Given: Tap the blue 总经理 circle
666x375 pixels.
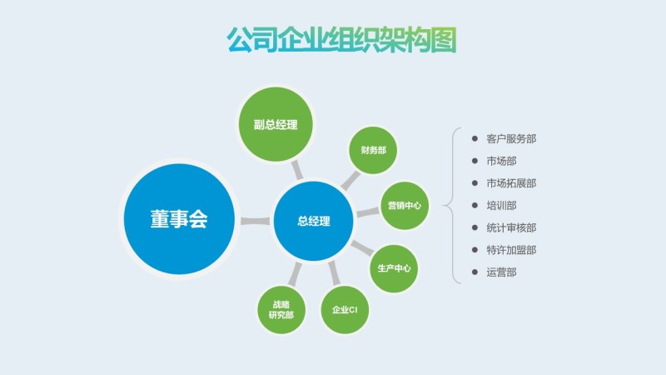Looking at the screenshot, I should point(314,221).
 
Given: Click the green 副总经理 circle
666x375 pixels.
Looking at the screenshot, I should point(276,125).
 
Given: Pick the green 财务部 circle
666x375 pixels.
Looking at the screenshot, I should point(373,151).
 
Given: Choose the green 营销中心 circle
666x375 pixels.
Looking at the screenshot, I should point(404,205).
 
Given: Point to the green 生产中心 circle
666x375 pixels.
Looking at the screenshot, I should point(394,268).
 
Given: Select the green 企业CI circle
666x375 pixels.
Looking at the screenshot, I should point(344,310).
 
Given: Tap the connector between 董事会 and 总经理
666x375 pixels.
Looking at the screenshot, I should point(254,221).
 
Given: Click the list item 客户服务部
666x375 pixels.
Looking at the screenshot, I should point(511,139).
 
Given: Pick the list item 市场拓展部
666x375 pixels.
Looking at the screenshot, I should point(511,183).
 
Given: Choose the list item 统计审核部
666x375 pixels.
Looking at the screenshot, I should point(511,227).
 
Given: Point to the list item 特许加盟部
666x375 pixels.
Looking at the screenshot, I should point(511,249).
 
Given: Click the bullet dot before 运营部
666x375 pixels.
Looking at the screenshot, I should point(475,272).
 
